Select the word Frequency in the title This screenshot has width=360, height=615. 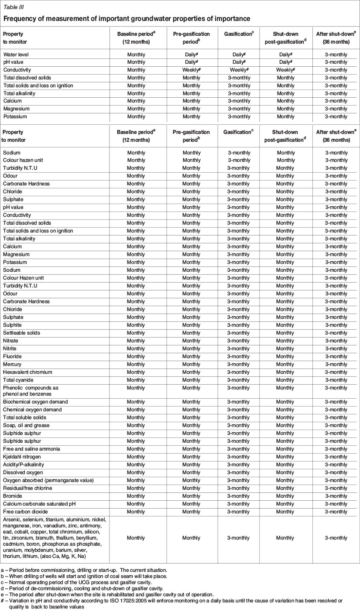click(21, 18)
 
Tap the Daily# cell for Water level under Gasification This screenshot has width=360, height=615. click(239, 55)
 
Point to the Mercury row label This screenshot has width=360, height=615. click(12, 364)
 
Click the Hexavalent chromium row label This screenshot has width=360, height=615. click(27, 372)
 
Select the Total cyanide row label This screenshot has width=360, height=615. click(18, 380)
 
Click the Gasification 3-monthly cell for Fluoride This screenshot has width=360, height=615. click(239, 356)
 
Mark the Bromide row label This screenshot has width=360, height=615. click(13, 496)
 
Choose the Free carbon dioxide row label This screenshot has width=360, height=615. click(25, 512)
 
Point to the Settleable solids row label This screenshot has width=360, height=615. click(21, 333)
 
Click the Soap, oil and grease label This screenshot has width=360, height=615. click(26, 425)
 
